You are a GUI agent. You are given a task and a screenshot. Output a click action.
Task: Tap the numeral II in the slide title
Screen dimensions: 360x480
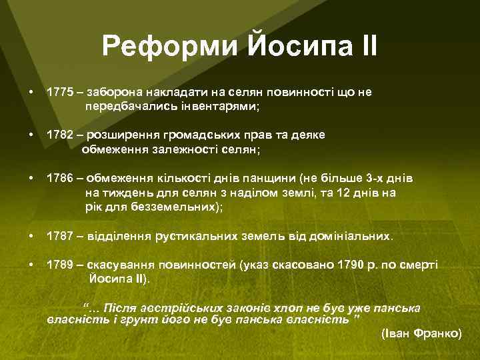(x=366, y=47)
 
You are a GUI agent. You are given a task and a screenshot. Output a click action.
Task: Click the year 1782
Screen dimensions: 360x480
(x=59, y=135)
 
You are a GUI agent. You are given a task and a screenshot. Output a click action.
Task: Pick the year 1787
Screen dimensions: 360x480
(x=59, y=236)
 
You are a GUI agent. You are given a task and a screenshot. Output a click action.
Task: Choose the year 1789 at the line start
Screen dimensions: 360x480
(x=59, y=265)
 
